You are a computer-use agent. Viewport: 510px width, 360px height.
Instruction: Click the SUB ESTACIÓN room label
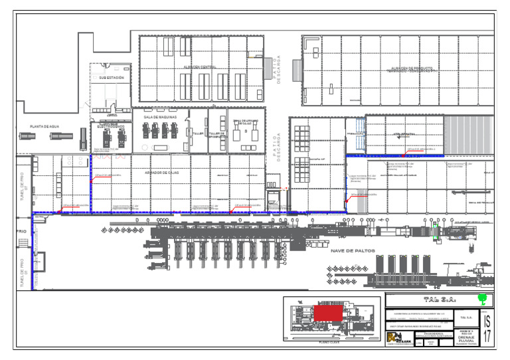point(112,78)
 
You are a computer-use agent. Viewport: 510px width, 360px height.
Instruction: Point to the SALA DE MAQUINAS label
point(158,117)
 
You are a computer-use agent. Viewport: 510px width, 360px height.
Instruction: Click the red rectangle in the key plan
point(328,313)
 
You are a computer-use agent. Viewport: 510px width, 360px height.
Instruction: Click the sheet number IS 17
point(487,328)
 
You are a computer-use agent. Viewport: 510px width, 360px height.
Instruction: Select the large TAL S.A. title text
point(438,300)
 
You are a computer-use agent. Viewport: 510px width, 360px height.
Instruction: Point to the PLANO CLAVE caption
point(330,343)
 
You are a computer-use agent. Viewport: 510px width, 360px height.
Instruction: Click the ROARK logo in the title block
point(396,338)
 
